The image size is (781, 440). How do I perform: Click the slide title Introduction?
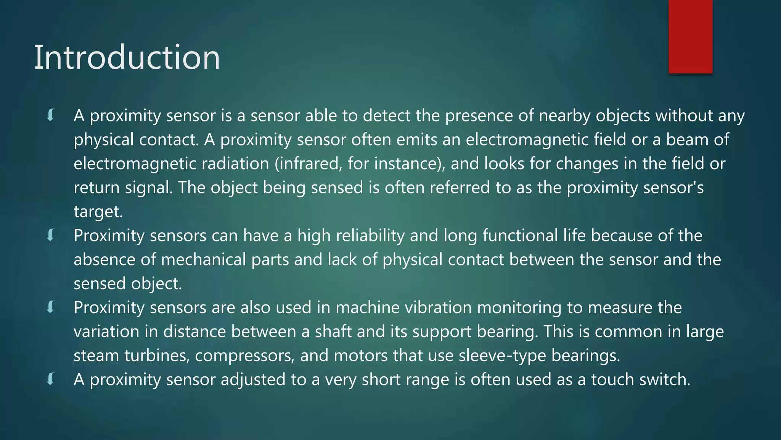(127, 57)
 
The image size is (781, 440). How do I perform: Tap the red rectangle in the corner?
(690, 36)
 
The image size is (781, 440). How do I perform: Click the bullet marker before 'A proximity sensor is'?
(51, 115)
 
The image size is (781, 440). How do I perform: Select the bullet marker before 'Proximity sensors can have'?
(51, 235)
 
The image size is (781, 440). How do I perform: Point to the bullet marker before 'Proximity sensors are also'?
(51, 307)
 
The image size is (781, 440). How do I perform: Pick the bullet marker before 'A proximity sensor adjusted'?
(51, 379)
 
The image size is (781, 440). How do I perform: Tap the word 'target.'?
(98, 212)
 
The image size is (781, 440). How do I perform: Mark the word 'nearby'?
(564, 116)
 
